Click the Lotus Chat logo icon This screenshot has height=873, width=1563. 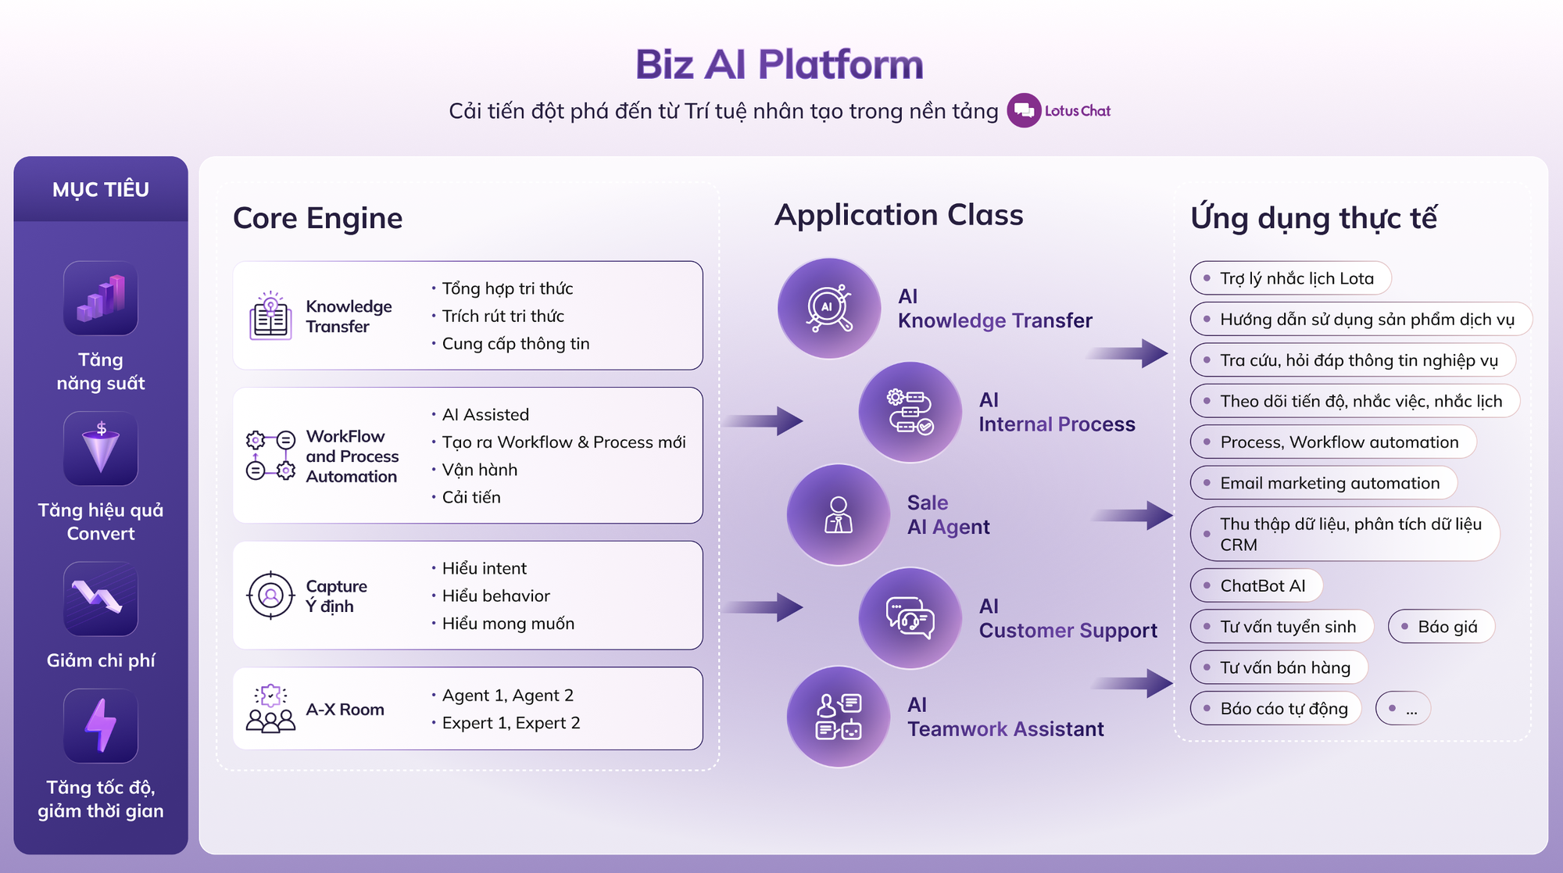click(1024, 111)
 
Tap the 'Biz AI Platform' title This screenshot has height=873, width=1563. click(779, 65)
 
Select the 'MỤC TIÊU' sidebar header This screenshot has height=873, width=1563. click(101, 189)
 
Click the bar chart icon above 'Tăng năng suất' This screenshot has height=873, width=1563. click(101, 299)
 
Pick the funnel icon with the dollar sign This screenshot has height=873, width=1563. click(101, 449)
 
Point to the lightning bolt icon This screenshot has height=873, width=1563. click(101, 725)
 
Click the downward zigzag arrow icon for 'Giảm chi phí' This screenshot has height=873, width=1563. click(101, 599)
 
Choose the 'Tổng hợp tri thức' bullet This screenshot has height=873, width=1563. click(507, 288)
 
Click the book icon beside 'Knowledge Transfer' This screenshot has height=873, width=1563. click(270, 316)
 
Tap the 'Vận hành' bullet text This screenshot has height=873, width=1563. click(479, 470)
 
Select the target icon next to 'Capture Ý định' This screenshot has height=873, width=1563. click(270, 596)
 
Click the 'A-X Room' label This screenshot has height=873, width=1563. click(345, 710)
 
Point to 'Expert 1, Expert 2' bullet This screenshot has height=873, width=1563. click(510, 723)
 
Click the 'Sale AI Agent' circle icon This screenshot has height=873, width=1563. click(838, 515)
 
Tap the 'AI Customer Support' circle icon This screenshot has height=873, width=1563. click(910, 618)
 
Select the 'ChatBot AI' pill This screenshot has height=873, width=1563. click(1257, 585)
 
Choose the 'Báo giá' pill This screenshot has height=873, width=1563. click(1441, 627)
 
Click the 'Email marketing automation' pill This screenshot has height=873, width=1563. click(1324, 483)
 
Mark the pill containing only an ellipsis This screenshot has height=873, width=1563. click(1403, 709)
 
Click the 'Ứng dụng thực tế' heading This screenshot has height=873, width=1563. click(1314, 218)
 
